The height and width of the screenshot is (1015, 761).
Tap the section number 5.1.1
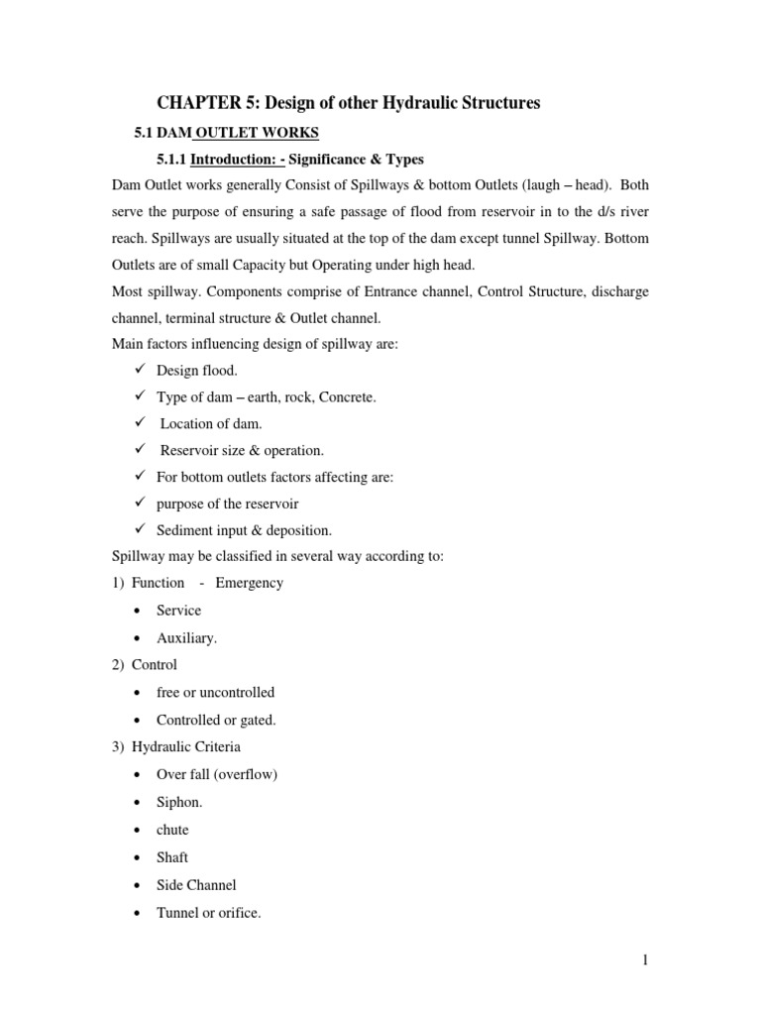[x=171, y=159]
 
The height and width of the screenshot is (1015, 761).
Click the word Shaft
[x=172, y=857]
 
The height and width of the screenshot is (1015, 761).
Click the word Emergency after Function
[x=249, y=583]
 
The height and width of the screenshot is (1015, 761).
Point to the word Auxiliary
[x=186, y=637]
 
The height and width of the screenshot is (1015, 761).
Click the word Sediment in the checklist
[x=185, y=530]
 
